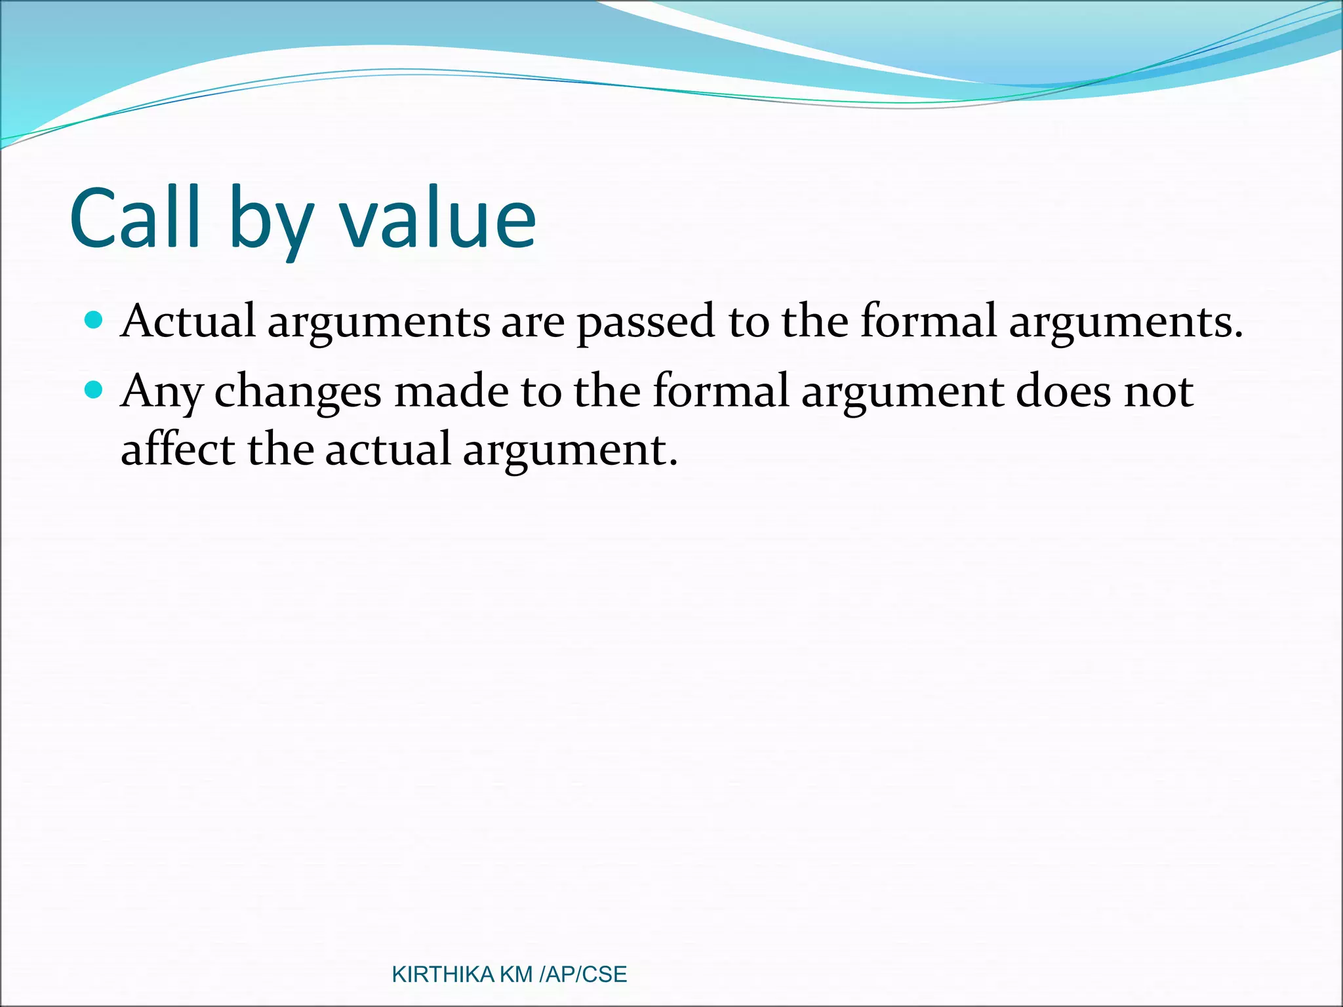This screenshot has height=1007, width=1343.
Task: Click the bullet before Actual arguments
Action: pos(94,320)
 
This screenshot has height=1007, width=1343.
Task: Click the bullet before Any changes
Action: pos(94,390)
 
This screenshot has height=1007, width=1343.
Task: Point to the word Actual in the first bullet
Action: pos(188,321)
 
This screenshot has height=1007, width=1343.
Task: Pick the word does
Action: pos(1063,391)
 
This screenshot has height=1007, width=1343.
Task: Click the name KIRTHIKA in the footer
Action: pos(443,974)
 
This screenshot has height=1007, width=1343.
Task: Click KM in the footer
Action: pos(516,974)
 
